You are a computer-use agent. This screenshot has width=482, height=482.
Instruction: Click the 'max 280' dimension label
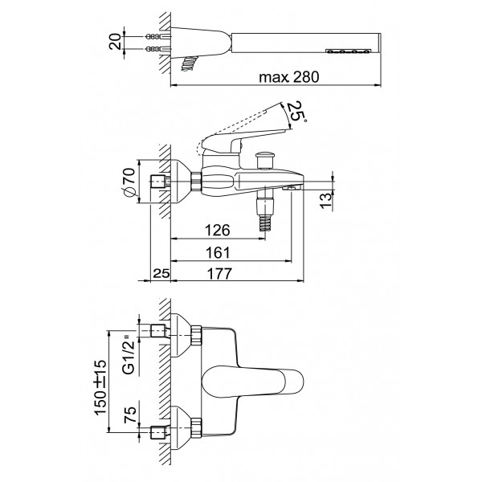289,77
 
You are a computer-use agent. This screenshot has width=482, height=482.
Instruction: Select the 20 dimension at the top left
115,42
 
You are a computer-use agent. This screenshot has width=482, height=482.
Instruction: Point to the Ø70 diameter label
129,182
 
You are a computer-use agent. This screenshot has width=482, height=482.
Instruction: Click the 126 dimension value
218,230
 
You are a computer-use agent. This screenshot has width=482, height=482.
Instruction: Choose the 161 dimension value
218,253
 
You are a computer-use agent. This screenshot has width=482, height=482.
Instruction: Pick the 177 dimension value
219,274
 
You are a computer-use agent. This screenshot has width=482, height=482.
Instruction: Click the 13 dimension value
326,201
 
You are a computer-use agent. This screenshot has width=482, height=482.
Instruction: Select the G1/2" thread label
129,354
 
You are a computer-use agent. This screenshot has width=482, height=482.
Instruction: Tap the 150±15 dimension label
100,388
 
